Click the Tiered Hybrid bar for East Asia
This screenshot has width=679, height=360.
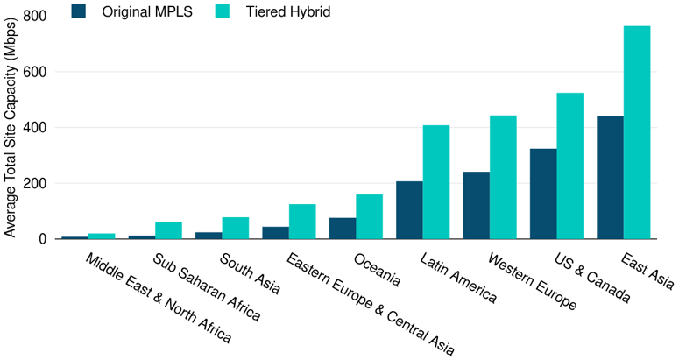tap(637, 132)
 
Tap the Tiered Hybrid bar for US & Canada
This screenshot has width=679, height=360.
tap(570, 166)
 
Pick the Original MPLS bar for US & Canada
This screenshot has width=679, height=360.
tap(543, 194)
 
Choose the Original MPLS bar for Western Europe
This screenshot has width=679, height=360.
tap(476, 205)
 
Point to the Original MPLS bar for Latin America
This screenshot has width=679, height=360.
tap(409, 210)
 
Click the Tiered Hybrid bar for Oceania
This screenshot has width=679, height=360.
tap(369, 216)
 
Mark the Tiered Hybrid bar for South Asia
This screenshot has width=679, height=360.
tap(236, 228)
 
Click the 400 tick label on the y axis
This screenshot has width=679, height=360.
tap(36, 128)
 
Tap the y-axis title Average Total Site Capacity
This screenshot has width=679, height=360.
tap(11, 127)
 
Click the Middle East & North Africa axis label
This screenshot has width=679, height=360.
tap(159, 298)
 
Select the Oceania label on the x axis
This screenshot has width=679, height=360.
tap(378, 271)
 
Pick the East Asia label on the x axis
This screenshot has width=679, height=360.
tap(647, 271)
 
